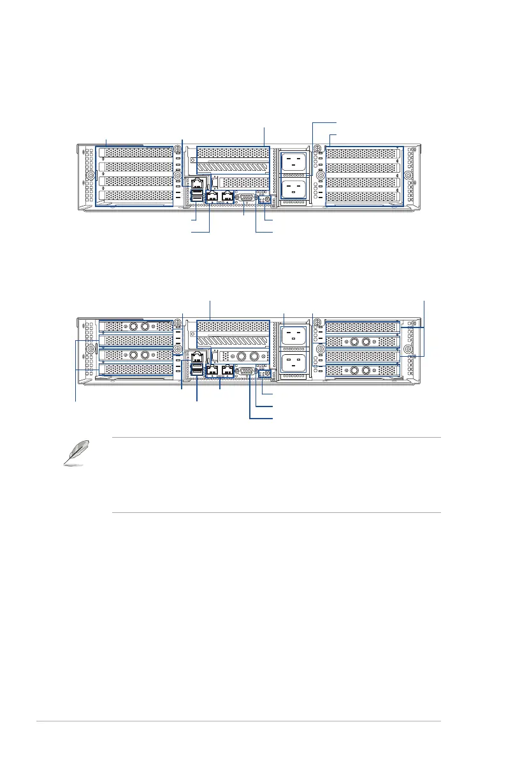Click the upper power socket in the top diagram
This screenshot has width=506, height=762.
pos(294,162)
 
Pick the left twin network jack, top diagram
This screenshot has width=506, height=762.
pos(212,196)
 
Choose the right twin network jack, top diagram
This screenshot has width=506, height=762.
pos(228,196)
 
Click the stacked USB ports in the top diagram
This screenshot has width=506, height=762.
pos(197,198)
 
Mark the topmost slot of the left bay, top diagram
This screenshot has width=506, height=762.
pos(136,153)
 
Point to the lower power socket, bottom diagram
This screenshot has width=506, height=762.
pos(294,362)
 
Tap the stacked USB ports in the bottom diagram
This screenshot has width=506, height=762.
pos(197,371)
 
